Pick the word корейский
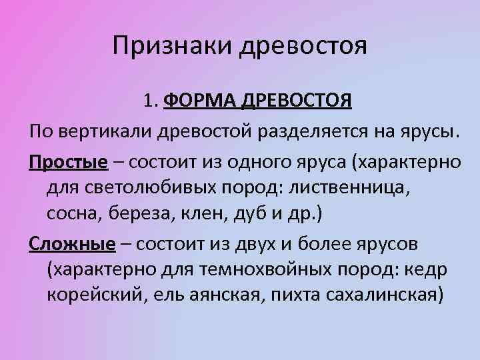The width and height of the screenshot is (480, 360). pos(91,296)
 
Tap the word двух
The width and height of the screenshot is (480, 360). pos(253,243)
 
